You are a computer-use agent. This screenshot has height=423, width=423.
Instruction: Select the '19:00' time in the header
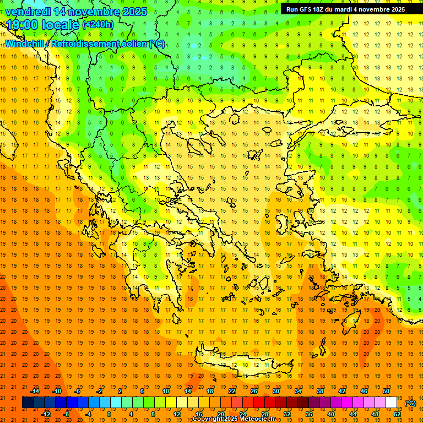click(x=21, y=25)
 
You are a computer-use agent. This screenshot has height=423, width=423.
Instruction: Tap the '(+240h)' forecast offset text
click(x=98, y=25)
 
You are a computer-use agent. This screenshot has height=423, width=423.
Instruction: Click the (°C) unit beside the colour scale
click(x=410, y=403)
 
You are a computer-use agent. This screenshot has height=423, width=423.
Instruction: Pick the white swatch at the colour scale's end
click(x=392, y=403)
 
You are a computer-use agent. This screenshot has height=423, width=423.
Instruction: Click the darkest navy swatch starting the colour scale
click(x=28, y=403)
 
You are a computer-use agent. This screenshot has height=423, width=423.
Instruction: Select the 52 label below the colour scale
click(x=397, y=414)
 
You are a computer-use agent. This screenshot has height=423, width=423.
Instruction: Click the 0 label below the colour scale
click(x=109, y=414)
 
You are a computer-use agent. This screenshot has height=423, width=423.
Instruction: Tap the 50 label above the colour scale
click(x=386, y=391)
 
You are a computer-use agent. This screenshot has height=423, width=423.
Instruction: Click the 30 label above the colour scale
click(x=275, y=391)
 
